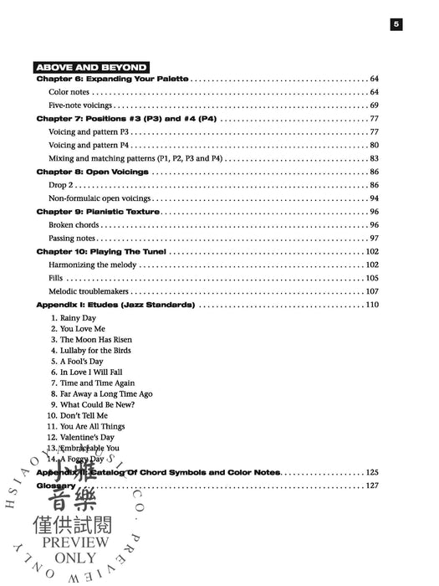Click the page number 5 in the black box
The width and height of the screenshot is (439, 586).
[397, 25]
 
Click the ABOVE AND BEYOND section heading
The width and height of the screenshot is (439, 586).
[92, 67]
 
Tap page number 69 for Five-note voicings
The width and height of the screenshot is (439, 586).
[375, 105]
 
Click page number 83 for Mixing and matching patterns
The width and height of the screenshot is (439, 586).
[375, 159]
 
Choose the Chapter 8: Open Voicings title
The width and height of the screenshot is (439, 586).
[93, 172]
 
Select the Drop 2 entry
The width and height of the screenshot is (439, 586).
[63, 186]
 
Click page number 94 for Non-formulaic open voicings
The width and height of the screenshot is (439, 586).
[375, 199]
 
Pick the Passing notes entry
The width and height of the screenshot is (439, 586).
[72, 239]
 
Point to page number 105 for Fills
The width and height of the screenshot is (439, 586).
[373, 279]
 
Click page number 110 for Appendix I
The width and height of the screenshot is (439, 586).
[373, 306]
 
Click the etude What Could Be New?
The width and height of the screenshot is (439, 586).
[97, 404]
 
